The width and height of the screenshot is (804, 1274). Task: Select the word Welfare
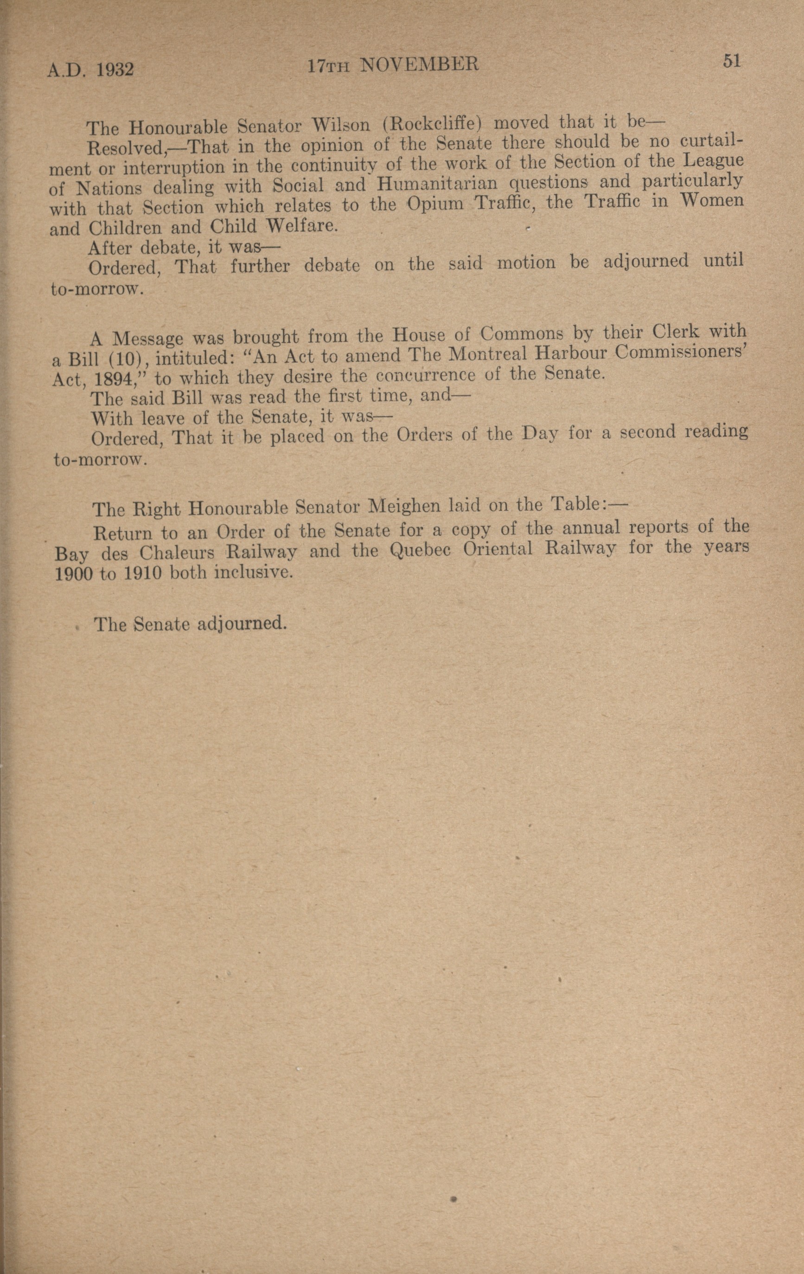[x=301, y=226]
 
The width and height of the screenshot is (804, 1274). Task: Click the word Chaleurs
[x=177, y=553]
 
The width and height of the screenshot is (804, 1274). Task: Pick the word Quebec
[x=420, y=550]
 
